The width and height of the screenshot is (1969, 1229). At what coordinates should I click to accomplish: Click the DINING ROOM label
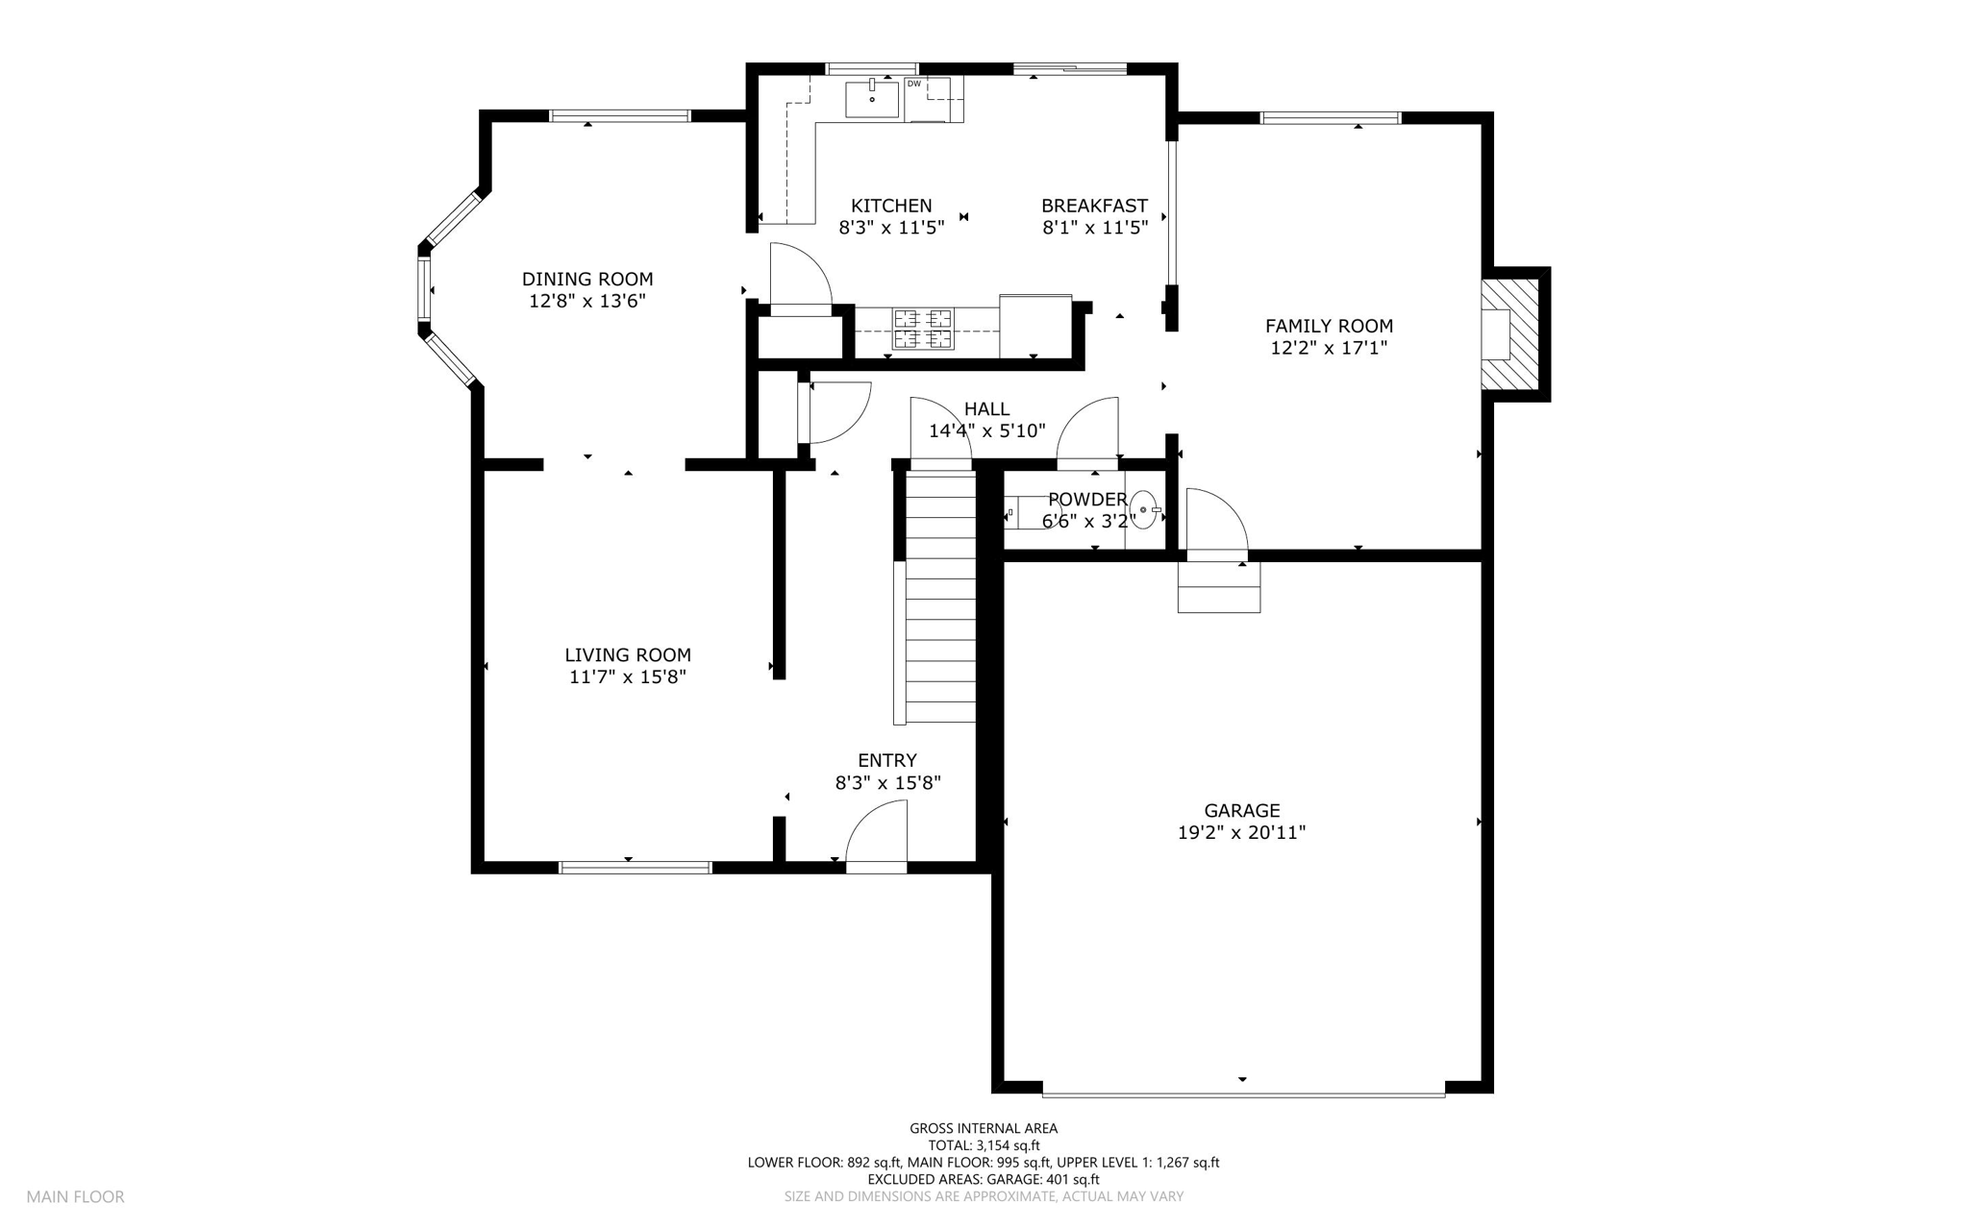pyautogui.click(x=587, y=280)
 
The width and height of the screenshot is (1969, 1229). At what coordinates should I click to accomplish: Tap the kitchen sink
pyautogui.click(x=872, y=99)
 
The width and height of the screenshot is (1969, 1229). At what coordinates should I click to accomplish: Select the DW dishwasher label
pyautogui.click(x=914, y=84)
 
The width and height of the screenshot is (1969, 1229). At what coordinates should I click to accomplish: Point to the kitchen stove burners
pyautogui.click(x=923, y=328)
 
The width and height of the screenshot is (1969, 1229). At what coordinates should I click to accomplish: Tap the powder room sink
pyautogui.click(x=1143, y=509)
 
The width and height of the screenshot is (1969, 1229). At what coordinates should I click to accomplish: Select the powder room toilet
pyautogui.click(x=1029, y=513)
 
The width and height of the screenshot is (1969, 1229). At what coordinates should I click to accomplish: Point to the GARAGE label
pyautogui.click(x=1242, y=811)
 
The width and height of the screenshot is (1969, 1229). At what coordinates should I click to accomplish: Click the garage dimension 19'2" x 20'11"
pyautogui.click(x=1242, y=833)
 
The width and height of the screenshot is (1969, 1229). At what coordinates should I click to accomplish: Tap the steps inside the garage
pyautogui.click(x=1219, y=587)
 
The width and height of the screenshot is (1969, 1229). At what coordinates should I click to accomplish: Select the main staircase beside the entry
pyautogui.click(x=940, y=597)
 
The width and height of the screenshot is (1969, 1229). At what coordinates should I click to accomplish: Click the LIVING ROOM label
pyautogui.click(x=628, y=655)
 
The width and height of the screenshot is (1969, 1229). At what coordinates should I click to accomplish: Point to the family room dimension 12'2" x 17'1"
pyautogui.click(x=1330, y=348)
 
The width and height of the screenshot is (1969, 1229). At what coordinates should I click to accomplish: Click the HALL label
pyautogui.click(x=986, y=409)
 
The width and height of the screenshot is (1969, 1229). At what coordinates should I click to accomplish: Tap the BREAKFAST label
pyautogui.click(x=1094, y=206)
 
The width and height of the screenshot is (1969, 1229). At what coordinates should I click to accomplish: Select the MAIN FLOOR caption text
pyautogui.click(x=75, y=1197)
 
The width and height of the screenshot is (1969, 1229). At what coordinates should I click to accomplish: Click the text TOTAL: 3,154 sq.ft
pyautogui.click(x=984, y=1145)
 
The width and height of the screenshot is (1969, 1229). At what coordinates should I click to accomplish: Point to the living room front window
pyautogui.click(x=636, y=868)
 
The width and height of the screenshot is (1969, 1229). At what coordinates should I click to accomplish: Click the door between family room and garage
pyautogui.click(x=1217, y=525)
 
